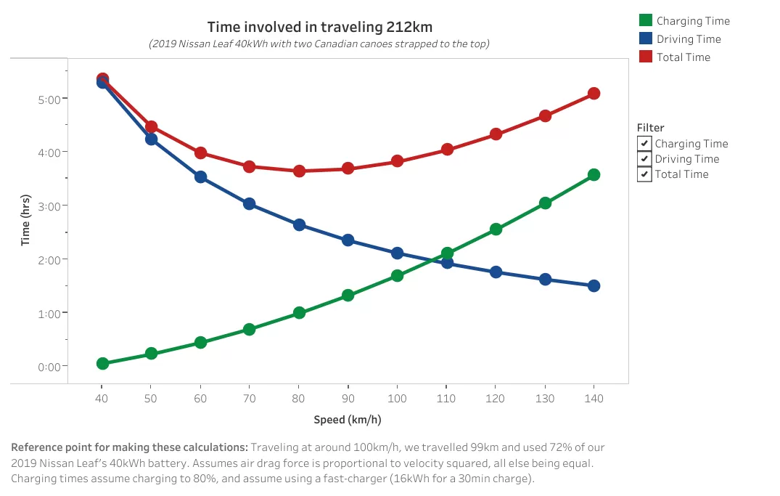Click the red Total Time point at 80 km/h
click(x=299, y=171)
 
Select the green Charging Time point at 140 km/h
click(x=594, y=174)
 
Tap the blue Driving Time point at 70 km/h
click(x=250, y=204)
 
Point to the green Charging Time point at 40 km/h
click(x=102, y=363)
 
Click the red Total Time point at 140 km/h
click(x=594, y=93)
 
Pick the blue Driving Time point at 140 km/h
click(x=594, y=285)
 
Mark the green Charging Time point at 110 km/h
click(x=447, y=253)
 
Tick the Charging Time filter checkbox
click(x=644, y=144)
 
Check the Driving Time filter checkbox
click(x=644, y=159)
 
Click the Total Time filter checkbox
click(x=644, y=174)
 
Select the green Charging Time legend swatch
click(x=646, y=20)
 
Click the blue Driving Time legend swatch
click(x=646, y=38)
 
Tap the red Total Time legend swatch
click(x=646, y=57)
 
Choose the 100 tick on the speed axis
click(x=397, y=399)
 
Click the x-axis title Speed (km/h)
click(x=348, y=420)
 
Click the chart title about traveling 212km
click(x=320, y=28)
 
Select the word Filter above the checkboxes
click(x=650, y=128)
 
